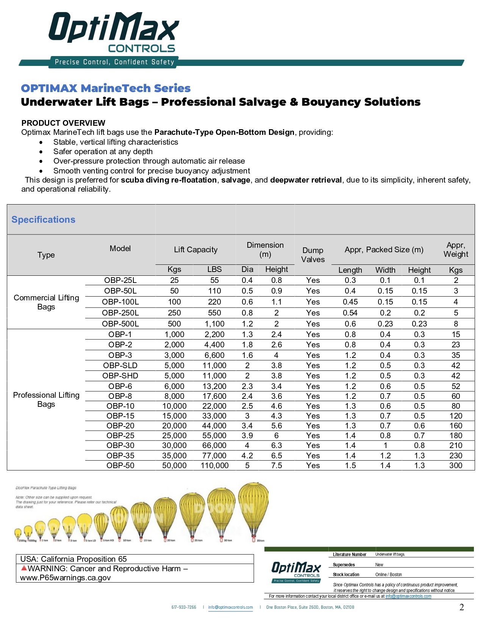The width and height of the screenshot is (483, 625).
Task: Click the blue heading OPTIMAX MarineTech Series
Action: click(x=106, y=88)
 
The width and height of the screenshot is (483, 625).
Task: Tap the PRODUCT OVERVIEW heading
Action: click(x=63, y=123)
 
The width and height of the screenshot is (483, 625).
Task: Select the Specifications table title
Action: click(x=43, y=220)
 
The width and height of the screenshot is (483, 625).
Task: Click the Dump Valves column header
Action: click(x=313, y=255)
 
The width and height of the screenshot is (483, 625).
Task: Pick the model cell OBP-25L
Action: click(x=120, y=280)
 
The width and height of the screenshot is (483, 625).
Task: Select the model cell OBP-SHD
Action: click(x=120, y=376)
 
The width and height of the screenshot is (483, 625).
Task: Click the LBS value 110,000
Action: click(x=214, y=466)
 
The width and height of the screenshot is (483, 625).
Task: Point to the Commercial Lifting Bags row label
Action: click(x=46, y=302)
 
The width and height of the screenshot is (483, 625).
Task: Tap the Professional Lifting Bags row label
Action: click(x=46, y=400)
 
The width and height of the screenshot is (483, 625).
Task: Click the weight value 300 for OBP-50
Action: click(x=456, y=466)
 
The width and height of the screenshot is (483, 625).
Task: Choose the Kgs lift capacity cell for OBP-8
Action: click(x=174, y=396)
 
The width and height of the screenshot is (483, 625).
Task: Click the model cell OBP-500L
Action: click(x=120, y=324)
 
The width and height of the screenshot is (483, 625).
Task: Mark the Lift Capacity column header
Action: click(x=195, y=250)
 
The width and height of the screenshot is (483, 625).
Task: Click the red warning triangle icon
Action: click(x=24, y=568)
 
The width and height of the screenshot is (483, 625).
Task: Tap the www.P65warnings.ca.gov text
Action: click(x=65, y=578)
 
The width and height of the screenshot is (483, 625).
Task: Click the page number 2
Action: click(x=461, y=608)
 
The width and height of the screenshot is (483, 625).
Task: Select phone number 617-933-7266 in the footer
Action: click(x=184, y=608)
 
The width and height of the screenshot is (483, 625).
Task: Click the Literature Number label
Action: click(x=349, y=555)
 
